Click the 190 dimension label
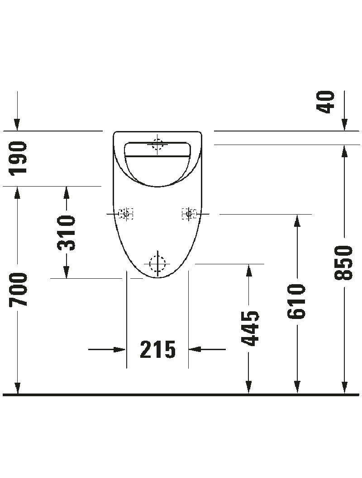click(x=18, y=158)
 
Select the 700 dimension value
click(x=18, y=290)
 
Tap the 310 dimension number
click(x=66, y=233)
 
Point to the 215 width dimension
click(x=158, y=349)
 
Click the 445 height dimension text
click(x=250, y=328)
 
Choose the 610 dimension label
click(x=296, y=301)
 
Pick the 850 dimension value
click(x=343, y=262)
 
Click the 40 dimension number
click(x=325, y=102)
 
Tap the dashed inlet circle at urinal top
click(x=157, y=145)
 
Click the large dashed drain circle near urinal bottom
click(x=157, y=264)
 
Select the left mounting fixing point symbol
click(x=126, y=214)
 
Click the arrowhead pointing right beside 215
click(x=119, y=349)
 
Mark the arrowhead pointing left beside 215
click(x=195, y=349)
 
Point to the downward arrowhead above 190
click(x=17, y=125)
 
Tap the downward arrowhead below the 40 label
click(x=344, y=125)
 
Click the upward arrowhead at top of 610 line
click(x=297, y=221)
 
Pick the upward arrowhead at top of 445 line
click(x=249, y=270)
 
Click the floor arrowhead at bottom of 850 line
click(x=344, y=388)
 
